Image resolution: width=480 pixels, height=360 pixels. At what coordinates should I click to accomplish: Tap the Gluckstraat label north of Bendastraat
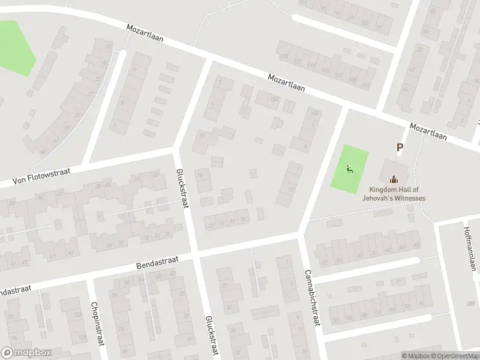coord(182,188)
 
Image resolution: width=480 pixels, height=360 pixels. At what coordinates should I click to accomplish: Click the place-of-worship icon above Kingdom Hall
coord(394,179)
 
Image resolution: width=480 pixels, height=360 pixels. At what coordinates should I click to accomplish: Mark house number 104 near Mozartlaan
coord(274,98)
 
